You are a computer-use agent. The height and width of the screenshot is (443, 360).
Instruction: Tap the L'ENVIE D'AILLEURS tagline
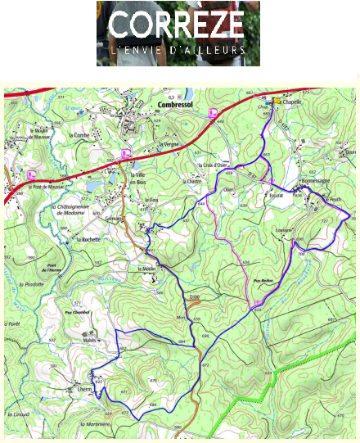tap(177, 50)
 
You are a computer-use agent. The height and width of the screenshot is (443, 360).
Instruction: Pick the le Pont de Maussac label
tap(46, 187)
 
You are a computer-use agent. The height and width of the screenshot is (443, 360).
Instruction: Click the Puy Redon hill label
tap(266, 278)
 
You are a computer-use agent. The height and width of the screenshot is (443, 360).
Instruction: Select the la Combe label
tap(79, 135)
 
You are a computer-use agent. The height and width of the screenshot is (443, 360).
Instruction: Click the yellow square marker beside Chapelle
tap(277, 102)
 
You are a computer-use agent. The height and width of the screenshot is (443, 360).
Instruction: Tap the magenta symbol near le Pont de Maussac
tap(32, 174)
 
